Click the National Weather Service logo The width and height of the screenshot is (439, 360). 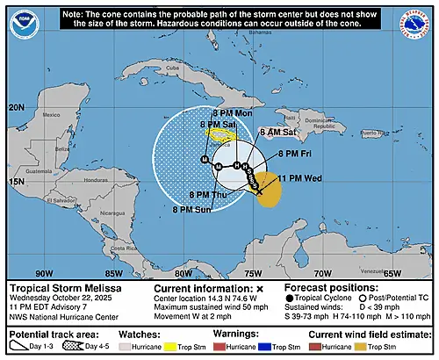coord(419,18)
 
